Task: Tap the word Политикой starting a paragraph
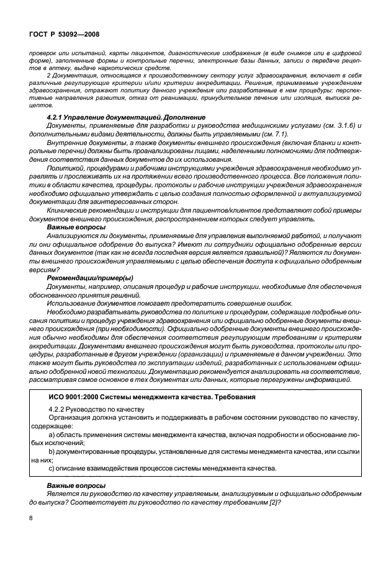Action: click(x=67, y=167)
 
